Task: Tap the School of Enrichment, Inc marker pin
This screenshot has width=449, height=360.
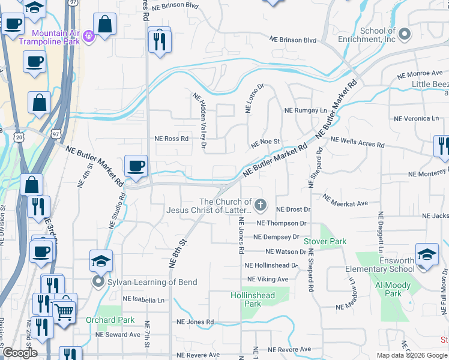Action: tap(404, 34)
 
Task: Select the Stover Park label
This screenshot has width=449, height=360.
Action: tap(325, 241)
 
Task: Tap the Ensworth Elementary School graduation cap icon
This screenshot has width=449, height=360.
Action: tap(427, 254)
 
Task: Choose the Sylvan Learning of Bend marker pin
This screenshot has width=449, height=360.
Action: tap(96, 281)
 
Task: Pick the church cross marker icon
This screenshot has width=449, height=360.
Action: tap(261, 206)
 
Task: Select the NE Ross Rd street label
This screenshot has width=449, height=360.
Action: tap(172, 139)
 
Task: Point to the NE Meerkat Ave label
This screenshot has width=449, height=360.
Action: tap(345, 200)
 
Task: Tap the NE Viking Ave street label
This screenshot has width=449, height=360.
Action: tap(268, 279)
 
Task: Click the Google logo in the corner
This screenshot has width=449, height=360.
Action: tap(19, 353)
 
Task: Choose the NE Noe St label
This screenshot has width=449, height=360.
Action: tap(266, 143)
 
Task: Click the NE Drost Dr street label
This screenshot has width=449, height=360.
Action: tap(293, 209)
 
